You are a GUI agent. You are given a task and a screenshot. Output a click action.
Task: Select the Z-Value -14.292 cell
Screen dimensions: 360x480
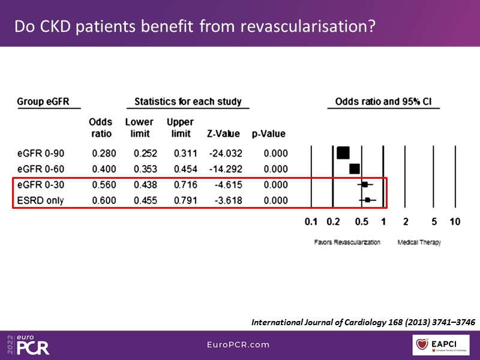click(x=225, y=169)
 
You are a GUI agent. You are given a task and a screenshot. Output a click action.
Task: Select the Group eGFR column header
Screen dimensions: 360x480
click(x=43, y=101)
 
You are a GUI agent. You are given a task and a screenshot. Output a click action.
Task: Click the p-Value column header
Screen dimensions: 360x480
click(x=268, y=134)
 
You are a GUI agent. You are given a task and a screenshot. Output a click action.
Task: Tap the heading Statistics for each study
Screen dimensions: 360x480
click(x=188, y=101)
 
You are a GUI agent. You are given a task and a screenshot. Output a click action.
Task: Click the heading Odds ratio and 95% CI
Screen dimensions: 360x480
click(x=383, y=101)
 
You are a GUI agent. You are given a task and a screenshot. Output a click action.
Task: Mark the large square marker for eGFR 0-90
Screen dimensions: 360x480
click(x=343, y=153)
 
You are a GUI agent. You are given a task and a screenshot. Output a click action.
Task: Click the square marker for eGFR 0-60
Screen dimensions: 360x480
click(x=355, y=169)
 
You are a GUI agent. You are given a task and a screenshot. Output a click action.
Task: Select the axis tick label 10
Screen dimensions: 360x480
click(x=454, y=222)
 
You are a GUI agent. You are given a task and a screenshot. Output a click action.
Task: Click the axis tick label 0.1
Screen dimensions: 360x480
click(x=311, y=222)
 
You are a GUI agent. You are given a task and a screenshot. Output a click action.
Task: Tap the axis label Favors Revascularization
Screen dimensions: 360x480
click(x=347, y=243)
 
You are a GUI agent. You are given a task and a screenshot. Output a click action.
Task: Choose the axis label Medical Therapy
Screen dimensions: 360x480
click(x=419, y=243)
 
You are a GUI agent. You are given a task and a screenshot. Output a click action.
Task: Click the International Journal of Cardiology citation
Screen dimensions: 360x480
click(x=363, y=323)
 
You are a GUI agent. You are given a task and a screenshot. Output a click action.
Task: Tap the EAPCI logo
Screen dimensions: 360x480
click(x=440, y=345)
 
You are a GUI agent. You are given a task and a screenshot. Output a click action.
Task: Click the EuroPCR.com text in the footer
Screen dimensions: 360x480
click(x=239, y=345)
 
